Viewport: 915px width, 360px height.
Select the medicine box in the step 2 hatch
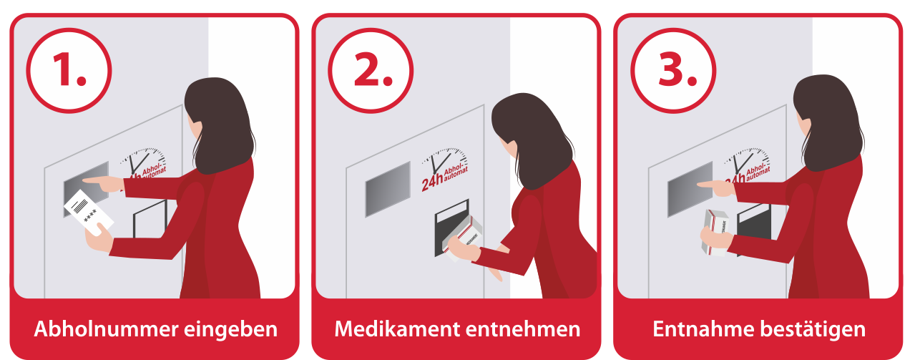[x=464, y=235]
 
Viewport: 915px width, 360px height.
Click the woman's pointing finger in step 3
[x=705, y=185]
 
